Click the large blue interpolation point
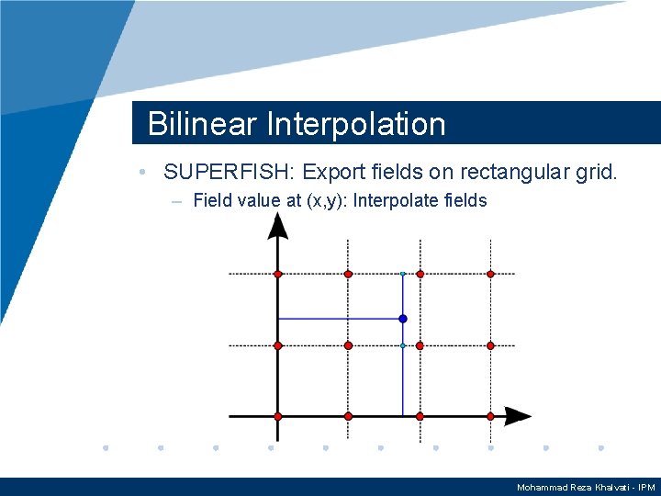pos(403,319)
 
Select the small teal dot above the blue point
pos(403,274)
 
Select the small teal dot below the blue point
pos(403,345)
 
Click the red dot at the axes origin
pos(277,416)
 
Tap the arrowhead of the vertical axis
pos(277,225)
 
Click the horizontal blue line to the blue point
pos(340,319)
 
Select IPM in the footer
pos(646,487)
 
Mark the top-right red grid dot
pos(490,274)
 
